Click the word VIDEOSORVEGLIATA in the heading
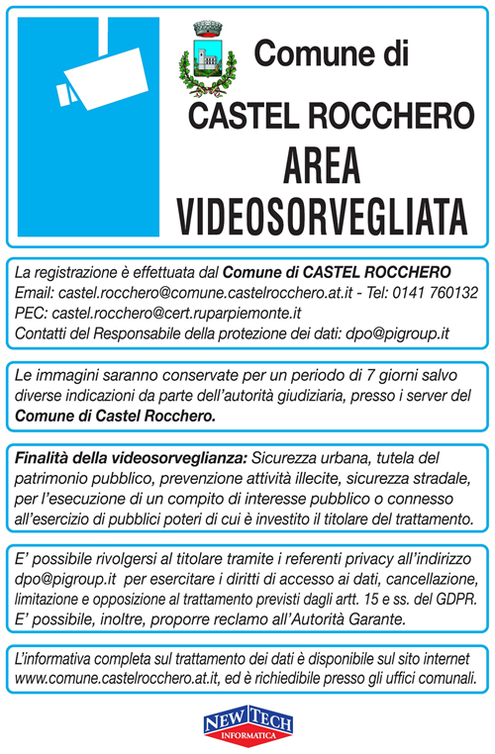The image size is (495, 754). pos(323,211)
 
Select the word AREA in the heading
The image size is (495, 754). pos(322,162)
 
